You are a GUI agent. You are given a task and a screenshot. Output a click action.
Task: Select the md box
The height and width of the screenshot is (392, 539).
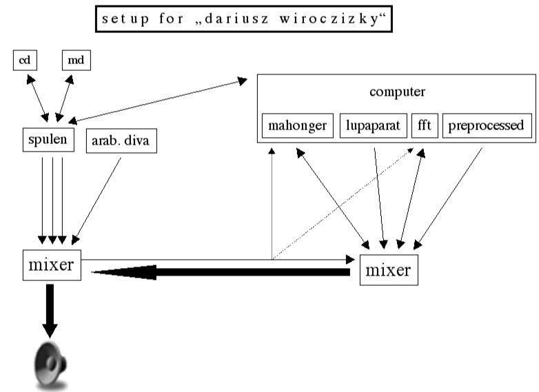[76, 61]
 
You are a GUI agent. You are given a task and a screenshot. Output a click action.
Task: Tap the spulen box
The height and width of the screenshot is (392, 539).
[48, 141]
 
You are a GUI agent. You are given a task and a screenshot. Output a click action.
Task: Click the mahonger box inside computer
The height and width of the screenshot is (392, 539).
[298, 126]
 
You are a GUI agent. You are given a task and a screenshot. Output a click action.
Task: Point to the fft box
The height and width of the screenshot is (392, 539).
[425, 126]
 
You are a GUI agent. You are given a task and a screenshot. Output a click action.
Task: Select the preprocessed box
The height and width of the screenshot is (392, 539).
[486, 126]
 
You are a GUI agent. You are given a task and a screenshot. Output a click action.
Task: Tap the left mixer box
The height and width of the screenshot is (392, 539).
[51, 265]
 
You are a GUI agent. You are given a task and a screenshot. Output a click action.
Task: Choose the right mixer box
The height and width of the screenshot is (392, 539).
[387, 269]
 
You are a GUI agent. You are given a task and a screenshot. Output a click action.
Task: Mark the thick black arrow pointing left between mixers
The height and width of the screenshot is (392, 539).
[221, 273]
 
